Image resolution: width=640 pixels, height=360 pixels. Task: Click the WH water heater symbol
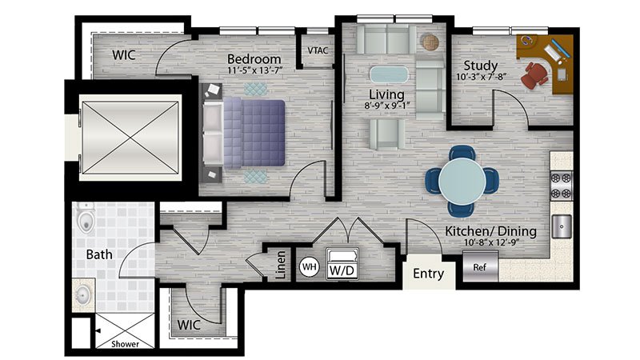pos(309,267)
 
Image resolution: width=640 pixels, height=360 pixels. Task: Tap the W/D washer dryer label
pos(342,270)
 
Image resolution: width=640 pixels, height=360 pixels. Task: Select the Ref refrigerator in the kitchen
pos(480,266)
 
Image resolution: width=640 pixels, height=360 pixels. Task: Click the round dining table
pos(462,180)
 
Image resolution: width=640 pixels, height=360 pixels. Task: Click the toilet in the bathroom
pos(86,218)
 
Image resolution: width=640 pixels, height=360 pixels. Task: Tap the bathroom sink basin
pos(83,294)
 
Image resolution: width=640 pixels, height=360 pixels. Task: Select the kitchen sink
pos(562,226)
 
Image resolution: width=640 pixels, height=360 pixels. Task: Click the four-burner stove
pos(562,186)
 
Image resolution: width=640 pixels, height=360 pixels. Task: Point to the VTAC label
pos(318,50)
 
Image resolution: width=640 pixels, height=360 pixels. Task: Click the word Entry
pos(428,274)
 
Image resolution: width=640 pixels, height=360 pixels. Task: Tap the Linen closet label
pos(281,265)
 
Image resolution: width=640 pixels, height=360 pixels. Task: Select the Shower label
pos(126,344)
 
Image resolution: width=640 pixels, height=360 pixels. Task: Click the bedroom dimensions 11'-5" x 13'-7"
pos(255,70)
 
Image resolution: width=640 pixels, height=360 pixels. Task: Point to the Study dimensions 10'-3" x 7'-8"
pos(482,76)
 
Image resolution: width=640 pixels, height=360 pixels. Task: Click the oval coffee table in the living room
pos(389,75)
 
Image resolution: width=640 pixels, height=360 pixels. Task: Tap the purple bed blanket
pos(254,134)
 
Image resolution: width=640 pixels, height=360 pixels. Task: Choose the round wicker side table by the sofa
pos(430,42)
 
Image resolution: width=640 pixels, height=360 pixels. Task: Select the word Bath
pos(99,254)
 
